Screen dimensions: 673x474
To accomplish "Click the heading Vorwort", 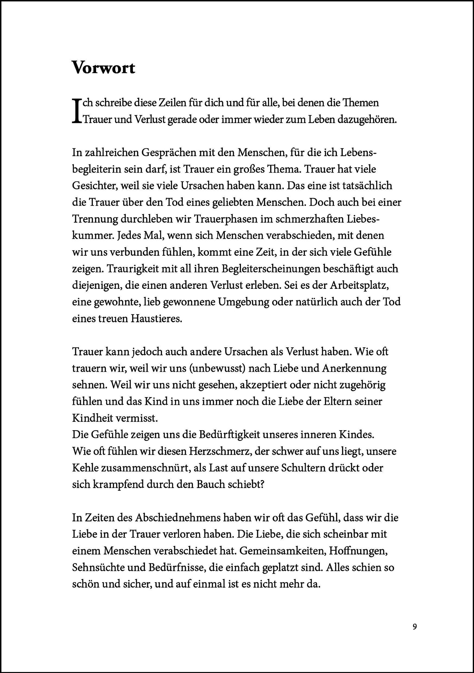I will coord(103,68).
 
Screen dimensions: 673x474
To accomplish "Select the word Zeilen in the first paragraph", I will coord(176,103).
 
